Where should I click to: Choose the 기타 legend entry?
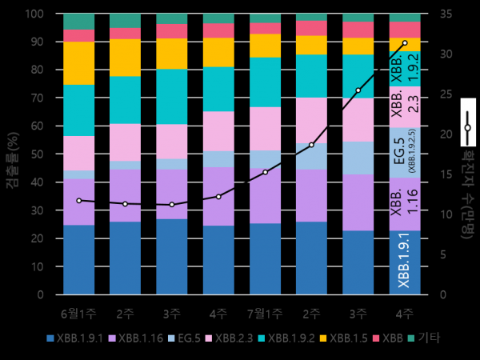pos(429,338)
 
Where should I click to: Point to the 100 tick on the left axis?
pos(34,14)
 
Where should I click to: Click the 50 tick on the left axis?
pos(37,154)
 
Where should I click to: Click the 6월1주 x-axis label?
pos(78,312)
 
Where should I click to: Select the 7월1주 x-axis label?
pos(265,312)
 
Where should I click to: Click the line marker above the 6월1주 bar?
pos(78,201)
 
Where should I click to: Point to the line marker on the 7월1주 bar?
pos(265,172)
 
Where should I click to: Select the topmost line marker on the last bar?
pos(405,42)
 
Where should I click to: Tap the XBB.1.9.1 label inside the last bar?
pos(405,262)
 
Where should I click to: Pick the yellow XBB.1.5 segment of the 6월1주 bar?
pos(78,63)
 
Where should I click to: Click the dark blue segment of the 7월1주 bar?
pos(265,258)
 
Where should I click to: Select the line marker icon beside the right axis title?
pos(467,127)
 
